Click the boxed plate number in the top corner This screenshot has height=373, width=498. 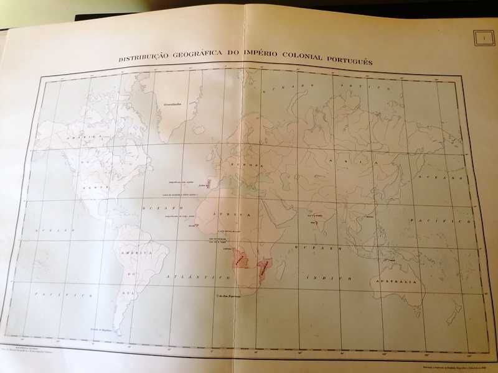(483, 39)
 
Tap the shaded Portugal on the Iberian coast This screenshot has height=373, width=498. (209, 184)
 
